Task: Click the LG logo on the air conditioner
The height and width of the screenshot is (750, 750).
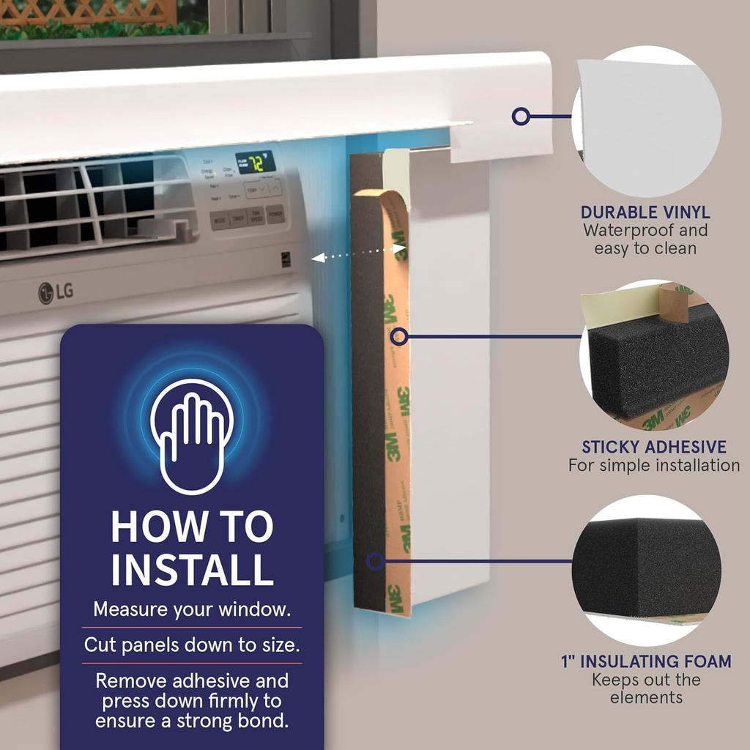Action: (x=56, y=292)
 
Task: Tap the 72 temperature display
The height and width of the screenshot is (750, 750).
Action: (x=254, y=162)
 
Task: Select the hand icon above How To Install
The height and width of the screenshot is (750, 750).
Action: (x=192, y=436)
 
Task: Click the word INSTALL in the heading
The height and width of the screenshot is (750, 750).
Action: (x=192, y=568)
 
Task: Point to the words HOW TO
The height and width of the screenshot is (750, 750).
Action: (x=192, y=526)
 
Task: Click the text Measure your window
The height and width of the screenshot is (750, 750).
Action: (x=192, y=609)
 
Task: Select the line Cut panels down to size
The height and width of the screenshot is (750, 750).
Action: (x=192, y=645)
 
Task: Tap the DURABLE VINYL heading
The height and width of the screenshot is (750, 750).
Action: (x=645, y=212)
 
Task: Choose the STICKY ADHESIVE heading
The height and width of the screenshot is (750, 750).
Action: (x=654, y=447)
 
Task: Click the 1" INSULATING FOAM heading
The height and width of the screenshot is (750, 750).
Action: (x=646, y=661)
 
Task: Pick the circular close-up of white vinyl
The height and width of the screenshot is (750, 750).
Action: (x=646, y=121)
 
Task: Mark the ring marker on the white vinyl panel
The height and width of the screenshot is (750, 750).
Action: (x=521, y=116)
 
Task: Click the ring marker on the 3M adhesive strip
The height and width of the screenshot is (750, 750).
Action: (x=398, y=336)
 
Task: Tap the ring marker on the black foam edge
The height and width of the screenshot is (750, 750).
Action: (x=374, y=562)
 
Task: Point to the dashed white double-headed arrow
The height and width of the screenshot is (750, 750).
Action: (x=359, y=253)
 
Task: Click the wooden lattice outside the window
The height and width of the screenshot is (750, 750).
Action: (x=88, y=12)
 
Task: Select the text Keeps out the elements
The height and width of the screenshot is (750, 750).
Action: (x=646, y=688)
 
